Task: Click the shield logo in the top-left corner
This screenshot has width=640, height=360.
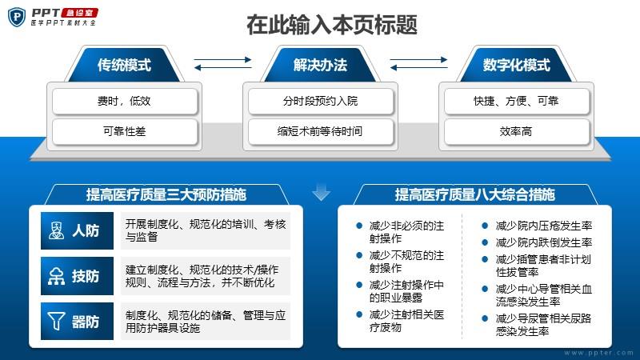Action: tap(17, 17)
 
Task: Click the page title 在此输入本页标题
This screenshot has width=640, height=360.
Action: tap(332, 25)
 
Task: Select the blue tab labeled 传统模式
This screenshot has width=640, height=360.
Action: tap(124, 65)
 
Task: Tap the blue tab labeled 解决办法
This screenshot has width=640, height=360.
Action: tap(320, 65)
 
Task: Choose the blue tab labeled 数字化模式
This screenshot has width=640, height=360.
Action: tap(516, 65)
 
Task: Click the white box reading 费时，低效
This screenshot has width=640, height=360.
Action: tap(125, 101)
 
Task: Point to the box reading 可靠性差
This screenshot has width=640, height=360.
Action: tap(125, 131)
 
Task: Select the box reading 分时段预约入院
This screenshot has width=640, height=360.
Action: tap(321, 101)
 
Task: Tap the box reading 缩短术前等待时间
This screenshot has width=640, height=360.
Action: tap(321, 131)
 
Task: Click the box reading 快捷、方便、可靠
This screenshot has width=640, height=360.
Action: tap(516, 101)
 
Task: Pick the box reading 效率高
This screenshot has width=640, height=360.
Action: tap(516, 131)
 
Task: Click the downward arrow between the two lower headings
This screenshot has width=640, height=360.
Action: tap(322, 192)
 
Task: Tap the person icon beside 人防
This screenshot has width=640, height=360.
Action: tap(56, 230)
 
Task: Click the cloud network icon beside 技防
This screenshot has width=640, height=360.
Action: tap(56, 276)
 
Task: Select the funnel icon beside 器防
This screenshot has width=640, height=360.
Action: tap(56, 322)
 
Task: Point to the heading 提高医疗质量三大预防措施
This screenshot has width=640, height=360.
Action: tap(166, 194)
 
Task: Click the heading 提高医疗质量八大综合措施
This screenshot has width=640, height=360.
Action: tap(474, 194)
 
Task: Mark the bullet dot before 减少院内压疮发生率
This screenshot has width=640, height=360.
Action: tap(485, 226)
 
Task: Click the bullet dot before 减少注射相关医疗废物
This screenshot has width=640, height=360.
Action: tap(359, 314)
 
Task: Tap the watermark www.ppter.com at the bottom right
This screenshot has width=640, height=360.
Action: tap(598, 353)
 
